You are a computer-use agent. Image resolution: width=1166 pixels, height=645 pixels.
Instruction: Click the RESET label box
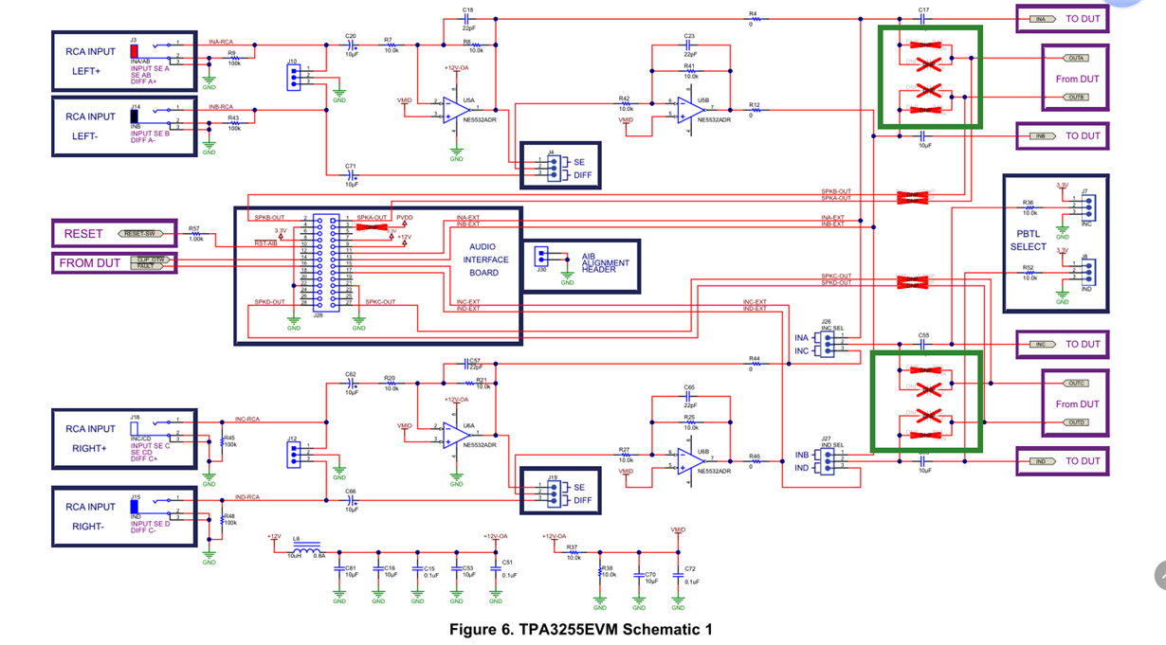tap(82, 233)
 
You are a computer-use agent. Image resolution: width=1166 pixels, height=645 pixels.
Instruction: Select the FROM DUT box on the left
tap(90, 262)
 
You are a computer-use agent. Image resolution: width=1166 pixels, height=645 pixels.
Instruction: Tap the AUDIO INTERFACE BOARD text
tap(488, 260)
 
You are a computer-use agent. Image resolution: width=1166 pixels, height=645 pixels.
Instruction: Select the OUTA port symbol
tap(1075, 58)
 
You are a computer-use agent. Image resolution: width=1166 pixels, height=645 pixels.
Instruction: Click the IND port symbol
tap(1041, 461)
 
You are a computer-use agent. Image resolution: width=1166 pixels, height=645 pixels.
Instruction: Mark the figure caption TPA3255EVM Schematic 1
tap(580, 629)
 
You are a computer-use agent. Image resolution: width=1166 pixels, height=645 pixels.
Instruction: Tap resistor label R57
tap(194, 228)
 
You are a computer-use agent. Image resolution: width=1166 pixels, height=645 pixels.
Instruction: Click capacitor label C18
tap(467, 9)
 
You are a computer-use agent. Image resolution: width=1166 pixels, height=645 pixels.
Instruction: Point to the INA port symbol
tap(1041, 19)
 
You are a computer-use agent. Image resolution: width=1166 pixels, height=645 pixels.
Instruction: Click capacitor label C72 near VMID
tap(690, 570)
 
